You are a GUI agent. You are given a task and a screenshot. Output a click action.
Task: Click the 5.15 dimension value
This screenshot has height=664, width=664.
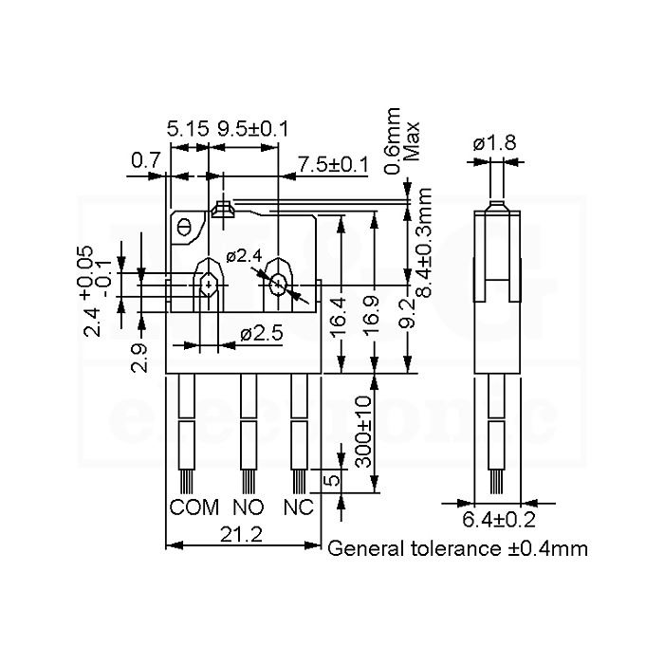click(188, 129)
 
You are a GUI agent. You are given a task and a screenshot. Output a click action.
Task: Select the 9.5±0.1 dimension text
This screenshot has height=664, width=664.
click(253, 129)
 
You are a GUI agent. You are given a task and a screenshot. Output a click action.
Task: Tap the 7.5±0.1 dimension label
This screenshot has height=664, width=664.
click(333, 164)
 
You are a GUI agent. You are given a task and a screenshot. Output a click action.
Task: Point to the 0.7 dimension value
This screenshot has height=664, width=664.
click(146, 160)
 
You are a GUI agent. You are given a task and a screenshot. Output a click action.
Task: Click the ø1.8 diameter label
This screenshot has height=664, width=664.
click(494, 142)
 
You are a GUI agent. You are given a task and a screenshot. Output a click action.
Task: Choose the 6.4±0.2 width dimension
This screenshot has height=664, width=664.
click(499, 520)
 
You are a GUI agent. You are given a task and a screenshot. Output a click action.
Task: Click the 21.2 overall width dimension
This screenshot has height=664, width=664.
click(241, 534)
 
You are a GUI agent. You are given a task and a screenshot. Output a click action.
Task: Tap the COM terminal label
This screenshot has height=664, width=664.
click(194, 507)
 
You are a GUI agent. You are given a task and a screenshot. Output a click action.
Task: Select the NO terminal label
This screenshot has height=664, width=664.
click(249, 507)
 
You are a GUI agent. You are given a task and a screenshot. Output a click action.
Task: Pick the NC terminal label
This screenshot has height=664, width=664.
click(299, 507)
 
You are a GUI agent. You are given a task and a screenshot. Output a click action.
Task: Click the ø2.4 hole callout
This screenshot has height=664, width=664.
click(244, 256)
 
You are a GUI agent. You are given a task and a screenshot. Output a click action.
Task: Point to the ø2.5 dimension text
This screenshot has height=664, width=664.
click(261, 334)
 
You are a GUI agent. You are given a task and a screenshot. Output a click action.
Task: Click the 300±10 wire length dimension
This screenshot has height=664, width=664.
click(363, 432)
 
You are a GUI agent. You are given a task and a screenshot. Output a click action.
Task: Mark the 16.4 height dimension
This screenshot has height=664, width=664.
click(339, 318)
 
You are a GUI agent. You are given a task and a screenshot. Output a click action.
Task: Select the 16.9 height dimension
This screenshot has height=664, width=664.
click(372, 318)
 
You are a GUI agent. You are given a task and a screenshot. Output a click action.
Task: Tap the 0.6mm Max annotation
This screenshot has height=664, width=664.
click(401, 141)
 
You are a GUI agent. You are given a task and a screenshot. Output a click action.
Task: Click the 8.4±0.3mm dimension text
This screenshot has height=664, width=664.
click(423, 242)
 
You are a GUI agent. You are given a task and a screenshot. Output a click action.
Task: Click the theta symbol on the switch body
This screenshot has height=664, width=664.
click(184, 228)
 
